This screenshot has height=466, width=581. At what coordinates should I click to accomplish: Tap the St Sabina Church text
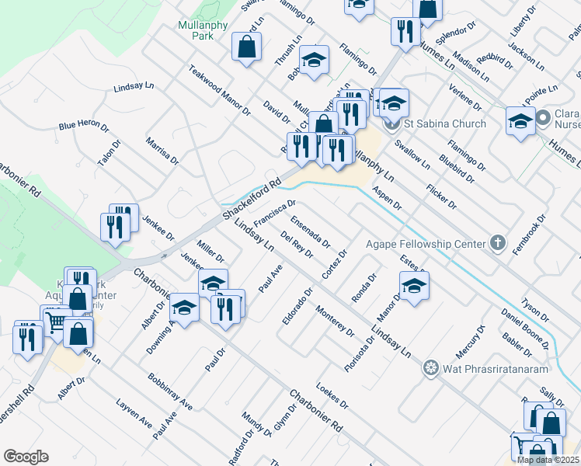tap(445, 123)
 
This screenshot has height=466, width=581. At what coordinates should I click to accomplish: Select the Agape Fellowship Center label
tap(433, 244)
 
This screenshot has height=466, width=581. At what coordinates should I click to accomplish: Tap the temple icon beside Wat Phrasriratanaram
tap(430, 367)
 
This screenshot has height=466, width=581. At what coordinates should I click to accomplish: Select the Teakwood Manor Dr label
tap(219, 90)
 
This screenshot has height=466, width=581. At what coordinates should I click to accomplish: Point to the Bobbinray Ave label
tap(170, 391)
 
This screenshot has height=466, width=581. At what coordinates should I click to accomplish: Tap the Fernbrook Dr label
tap(531, 230)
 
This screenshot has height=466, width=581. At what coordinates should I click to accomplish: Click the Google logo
tap(26, 457)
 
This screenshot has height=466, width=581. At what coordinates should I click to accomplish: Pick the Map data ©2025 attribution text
tap(548, 460)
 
